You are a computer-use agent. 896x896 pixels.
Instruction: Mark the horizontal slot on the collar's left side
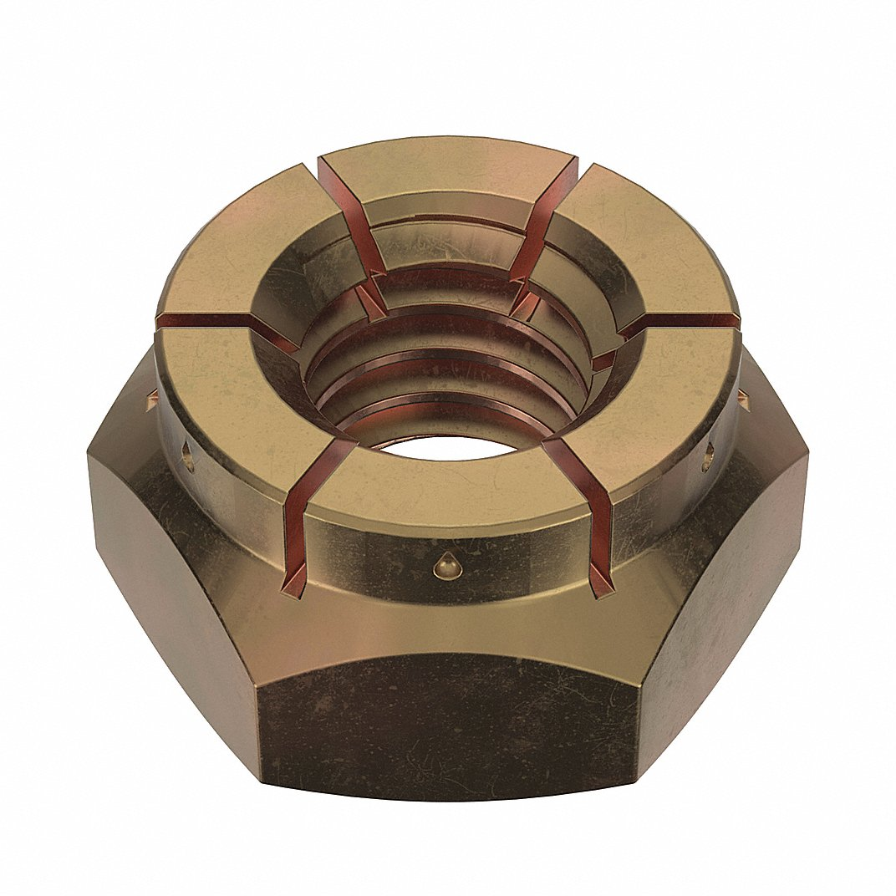(x=217, y=322)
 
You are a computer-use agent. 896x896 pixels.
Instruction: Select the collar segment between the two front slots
(x=447, y=493)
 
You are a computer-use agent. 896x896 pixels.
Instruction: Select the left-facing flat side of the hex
(x=176, y=568)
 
